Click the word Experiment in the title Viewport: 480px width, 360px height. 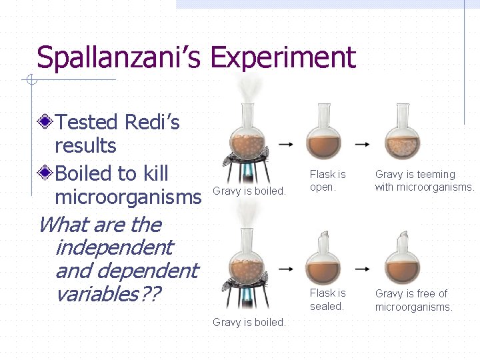tap(283, 59)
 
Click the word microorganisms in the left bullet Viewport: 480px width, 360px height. tap(127, 197)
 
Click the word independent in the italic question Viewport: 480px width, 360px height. tap(113, 247)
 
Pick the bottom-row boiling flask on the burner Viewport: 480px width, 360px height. tap(247, 267)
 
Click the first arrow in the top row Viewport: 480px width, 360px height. tap(286, 144)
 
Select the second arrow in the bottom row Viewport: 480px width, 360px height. tap(363, 269)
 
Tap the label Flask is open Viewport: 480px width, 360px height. tap(327, 181)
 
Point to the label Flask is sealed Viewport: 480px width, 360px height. tap(327, 300)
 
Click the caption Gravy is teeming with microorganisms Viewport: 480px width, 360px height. tap(424, 181)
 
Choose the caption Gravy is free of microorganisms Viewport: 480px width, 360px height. tap(413, 300)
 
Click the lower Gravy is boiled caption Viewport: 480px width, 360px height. tap(249, 323)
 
